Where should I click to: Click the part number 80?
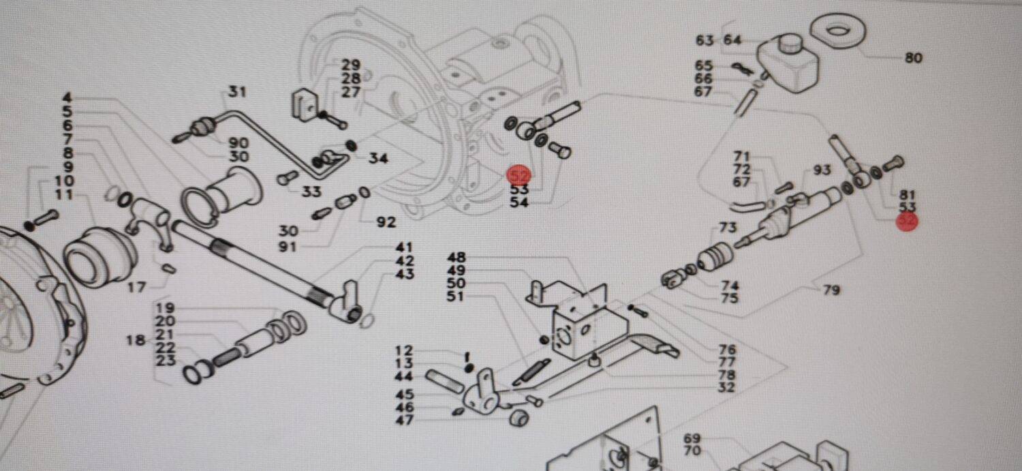tap(914, 58)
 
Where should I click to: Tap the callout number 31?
tap(236, 92)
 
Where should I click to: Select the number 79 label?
tap(831, 290)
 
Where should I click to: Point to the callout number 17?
tap(136, 288)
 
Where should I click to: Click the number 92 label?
tap(386, 222)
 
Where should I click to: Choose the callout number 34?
tap(378, 159)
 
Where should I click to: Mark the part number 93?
tap(822, 169)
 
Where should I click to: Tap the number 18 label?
tap(136, 340)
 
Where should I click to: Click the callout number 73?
tap(728, 227)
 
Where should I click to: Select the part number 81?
tap(908, 194)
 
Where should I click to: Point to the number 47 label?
tap(404, 420)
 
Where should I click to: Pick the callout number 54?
tap(519, 202)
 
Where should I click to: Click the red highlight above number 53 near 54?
tap(519, 175)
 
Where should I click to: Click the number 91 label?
tap(288, 247)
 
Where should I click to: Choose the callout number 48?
tap(456, 258)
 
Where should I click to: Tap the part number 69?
tap(692, 438)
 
